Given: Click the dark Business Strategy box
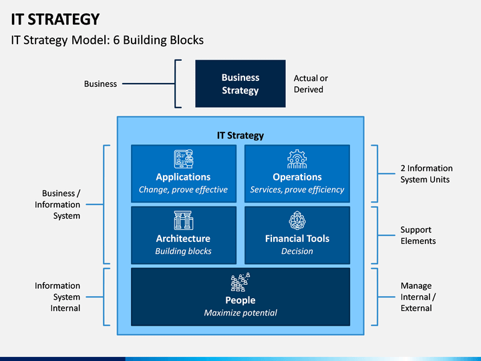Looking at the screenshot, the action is pos(240,84).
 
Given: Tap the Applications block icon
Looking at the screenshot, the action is pos(184,158).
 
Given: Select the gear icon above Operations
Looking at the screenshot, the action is pos(297,158).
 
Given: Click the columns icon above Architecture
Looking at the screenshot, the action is pos(184,220).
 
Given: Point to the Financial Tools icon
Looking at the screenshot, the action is pos(297,220).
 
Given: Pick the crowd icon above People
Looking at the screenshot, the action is pos(240,282).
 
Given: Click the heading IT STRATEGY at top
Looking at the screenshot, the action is pos(55,19).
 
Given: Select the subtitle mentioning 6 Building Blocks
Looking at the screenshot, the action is pos(108,40).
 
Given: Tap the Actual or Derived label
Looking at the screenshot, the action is pos(311,84).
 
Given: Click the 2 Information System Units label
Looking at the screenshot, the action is pos(426,174).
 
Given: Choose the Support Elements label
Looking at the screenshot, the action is pos(418,235).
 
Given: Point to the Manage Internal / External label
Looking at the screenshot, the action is pos(418,297).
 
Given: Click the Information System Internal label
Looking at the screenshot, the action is pos(57,297).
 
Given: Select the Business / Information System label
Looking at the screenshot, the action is pos(57,205).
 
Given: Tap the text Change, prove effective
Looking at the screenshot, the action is pos(183,190).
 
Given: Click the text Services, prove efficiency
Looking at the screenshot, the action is pos(297,190).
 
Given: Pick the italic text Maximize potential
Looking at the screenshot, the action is pos(240,313).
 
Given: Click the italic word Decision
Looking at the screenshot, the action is pos(297,251).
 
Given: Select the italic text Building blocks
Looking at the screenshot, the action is pos(183,251).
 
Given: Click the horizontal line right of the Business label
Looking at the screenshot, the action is pos(148,84).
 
